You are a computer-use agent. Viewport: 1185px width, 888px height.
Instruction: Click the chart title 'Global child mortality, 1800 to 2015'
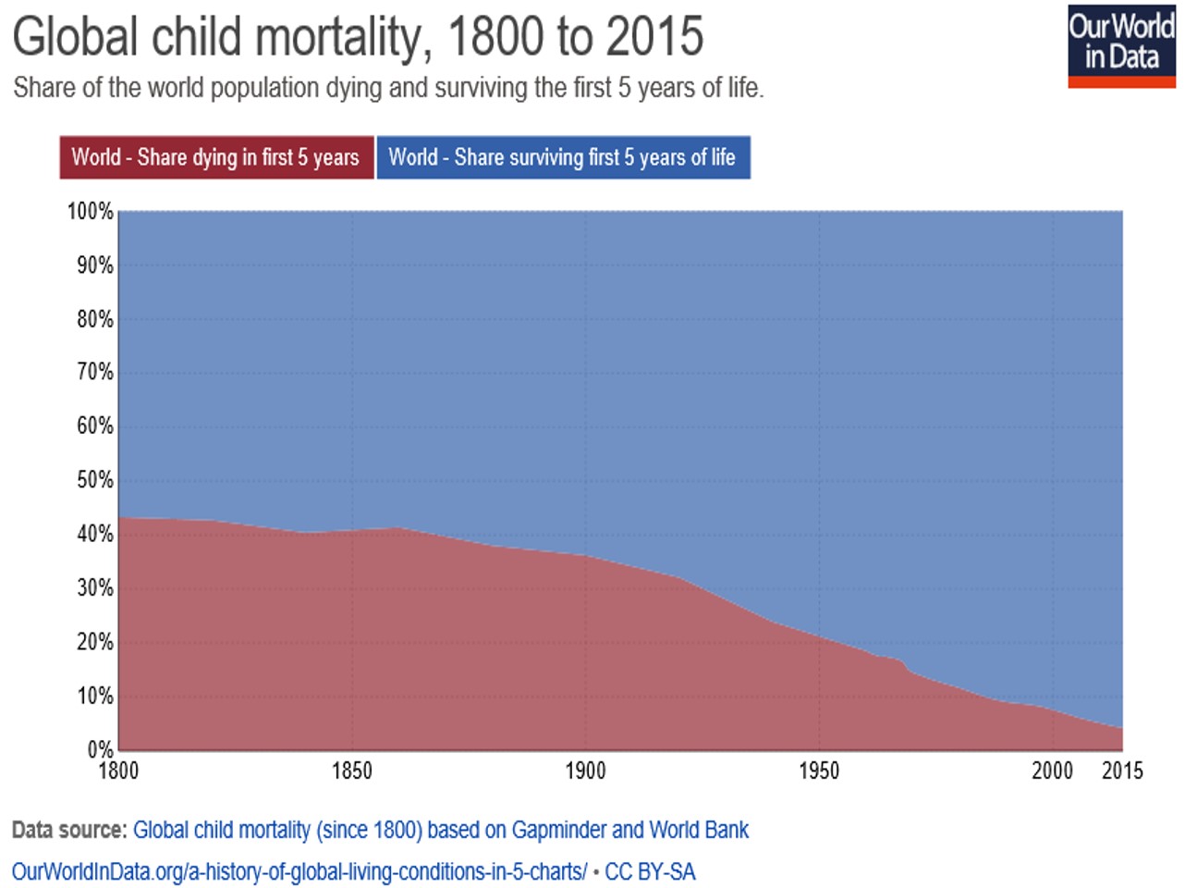tap(358, 37)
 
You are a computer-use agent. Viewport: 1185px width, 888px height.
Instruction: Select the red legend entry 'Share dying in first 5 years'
tap(216, 157)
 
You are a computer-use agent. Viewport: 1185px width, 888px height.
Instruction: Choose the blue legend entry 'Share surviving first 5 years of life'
tap(562, 157)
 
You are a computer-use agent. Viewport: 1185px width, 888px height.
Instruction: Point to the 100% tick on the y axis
tap(90, 212)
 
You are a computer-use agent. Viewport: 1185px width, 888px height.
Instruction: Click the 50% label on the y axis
tap(94, 480)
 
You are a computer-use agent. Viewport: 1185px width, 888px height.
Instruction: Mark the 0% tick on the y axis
tap(100, 749)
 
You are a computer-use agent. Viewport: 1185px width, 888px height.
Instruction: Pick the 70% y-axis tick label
tap(94, 373)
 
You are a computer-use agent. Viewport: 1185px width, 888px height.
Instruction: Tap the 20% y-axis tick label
tap(94, 642)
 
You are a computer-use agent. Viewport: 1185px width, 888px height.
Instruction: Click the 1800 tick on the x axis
tap(118, 771)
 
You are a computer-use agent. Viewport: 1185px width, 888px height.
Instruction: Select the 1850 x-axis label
tap(352, 771)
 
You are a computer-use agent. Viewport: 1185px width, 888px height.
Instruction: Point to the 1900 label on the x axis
tap(585, 771)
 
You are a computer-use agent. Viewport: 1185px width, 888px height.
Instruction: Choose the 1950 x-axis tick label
tap(819, 771)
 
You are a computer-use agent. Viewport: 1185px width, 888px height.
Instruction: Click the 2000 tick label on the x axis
tap(1052, 771)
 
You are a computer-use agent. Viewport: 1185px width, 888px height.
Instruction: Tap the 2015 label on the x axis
tap(1122, 771)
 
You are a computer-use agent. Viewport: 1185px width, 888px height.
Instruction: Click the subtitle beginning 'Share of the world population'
tap(388, 89)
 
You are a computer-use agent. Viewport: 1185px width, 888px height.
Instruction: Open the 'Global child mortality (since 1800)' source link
tap(440, 830)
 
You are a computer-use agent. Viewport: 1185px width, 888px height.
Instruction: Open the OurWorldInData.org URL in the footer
tap(299, 871)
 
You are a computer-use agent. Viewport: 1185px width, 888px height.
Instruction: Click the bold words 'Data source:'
tap(68, 830)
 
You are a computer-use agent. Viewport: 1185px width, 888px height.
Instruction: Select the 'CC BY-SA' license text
tap(650, 871)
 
